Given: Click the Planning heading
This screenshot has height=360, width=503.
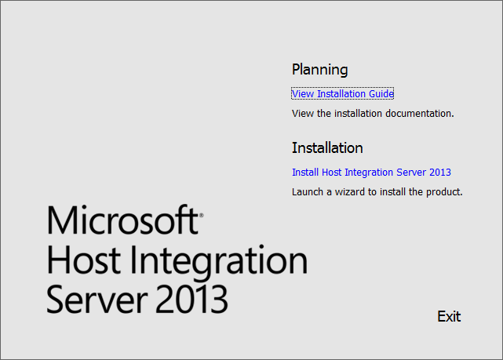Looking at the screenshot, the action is pyautogui.click(x=319, y=70).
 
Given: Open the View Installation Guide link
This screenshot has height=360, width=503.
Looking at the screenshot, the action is pyautogui.click(x=343, y=93).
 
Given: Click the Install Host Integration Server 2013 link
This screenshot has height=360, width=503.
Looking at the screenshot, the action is pyautogui.click(x=371, y=172).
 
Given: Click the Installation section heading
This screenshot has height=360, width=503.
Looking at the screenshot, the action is pyautogui.click(x=327, y=147).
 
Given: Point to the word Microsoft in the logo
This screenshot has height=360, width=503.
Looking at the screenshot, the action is pyautogui.click(x=122, y=220).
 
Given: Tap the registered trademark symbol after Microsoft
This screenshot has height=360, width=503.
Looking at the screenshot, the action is pyautogui.click(x=201, y=216).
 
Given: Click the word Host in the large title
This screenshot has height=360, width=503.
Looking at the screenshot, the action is pyautogui.click(x=84, y=260).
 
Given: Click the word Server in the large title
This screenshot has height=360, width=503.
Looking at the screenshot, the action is pyautogui.click(x=97, y=299).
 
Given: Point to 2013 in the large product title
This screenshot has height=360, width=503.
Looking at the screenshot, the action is pyautogui.click(x=191, y=299).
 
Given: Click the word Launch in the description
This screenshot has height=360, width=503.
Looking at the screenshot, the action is pyautogui.click(x=308, y=191).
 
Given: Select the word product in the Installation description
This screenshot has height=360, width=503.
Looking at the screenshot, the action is pyautogui.click(x=444, y=192).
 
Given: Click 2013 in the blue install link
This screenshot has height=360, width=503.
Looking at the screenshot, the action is pyautogui.click(x=440, y=172).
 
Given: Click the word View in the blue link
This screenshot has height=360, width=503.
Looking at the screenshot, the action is pyautogui.click(x=303, y=93).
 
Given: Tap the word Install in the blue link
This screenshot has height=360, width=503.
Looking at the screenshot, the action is pyautogui.click(x=305, y=172).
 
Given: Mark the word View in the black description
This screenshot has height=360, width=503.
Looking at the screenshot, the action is pyautogui.click(x=303, y=113).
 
